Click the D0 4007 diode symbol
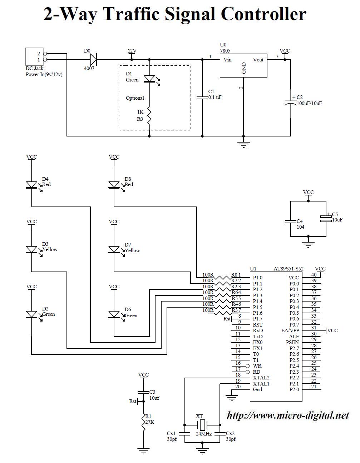94,59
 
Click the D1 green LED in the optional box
149,79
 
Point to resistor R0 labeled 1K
149,115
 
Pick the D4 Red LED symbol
32,185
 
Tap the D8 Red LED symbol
114,185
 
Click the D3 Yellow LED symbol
32,249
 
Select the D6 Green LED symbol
114,314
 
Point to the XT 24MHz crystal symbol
202,425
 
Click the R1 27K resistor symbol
143,423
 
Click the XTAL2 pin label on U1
261,378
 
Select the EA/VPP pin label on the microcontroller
290,331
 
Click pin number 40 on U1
314,275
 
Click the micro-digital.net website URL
288,415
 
